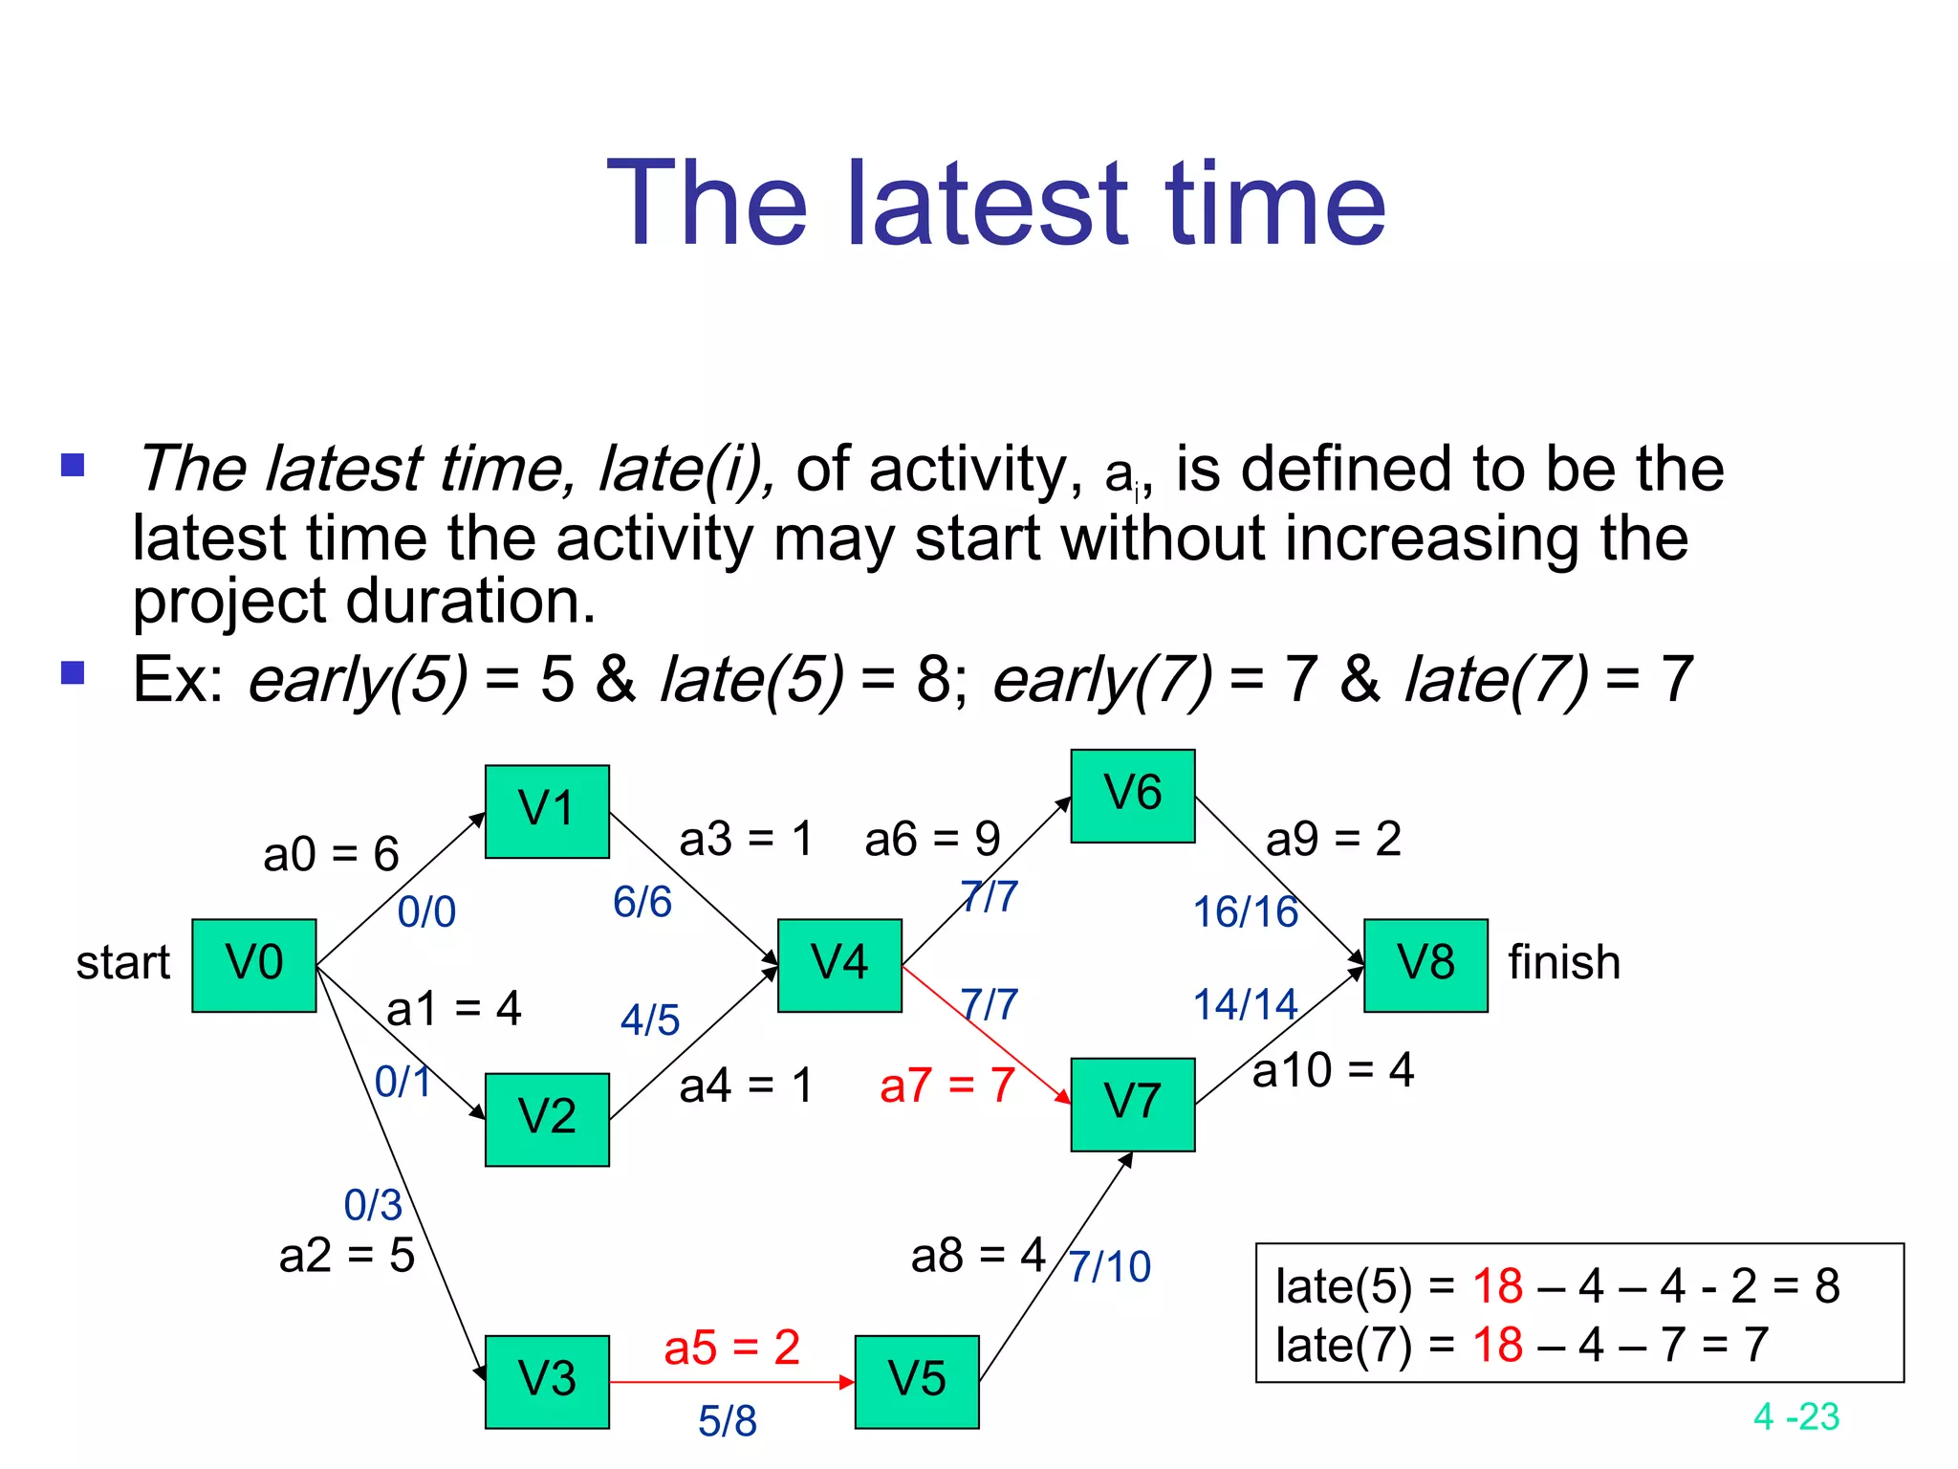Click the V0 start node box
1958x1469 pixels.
coord(253,965)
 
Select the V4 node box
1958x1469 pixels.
coord(839,965)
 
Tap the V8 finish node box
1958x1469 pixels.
coord(1425,965)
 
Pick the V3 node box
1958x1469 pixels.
coord(547,1381)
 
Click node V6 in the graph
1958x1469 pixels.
coord(1132,796)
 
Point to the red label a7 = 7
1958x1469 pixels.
coord(946,1085)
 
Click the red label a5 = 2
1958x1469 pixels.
coord(731,1348)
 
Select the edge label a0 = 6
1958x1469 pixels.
coord(331,854)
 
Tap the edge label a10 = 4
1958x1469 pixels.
coord(1333,1070)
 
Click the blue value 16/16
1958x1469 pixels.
coord(1245,912)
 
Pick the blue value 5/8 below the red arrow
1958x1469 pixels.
coord(727,1421)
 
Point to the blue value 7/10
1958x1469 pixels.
coord(1109,1267)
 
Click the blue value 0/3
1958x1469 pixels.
coord(373,1205)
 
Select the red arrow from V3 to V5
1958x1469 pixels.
coord(731,1382)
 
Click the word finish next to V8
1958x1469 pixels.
coord(1564,963)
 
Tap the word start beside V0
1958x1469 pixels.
coord(122,963)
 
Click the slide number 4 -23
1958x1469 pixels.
coord(1795,1416)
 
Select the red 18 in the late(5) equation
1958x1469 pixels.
coord(1497,1286)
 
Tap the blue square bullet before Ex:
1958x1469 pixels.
coord(73,673)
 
